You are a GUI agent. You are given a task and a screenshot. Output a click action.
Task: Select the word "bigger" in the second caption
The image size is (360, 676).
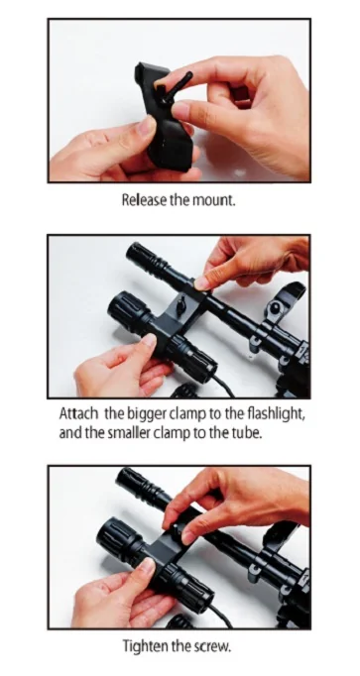click(x=147, y=415)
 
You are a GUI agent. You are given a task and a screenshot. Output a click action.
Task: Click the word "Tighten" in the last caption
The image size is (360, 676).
click(x=144, y=646)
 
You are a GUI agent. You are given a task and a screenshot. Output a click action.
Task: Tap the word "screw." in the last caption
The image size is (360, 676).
click(x=213, y=647)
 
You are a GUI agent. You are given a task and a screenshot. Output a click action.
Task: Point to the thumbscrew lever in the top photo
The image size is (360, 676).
click(x=178, y=83)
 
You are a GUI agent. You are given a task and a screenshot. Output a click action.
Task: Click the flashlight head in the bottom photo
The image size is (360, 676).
click(x=115, y=538)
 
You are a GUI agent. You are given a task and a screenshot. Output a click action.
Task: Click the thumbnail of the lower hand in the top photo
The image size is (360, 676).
click(x=146, y=126)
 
